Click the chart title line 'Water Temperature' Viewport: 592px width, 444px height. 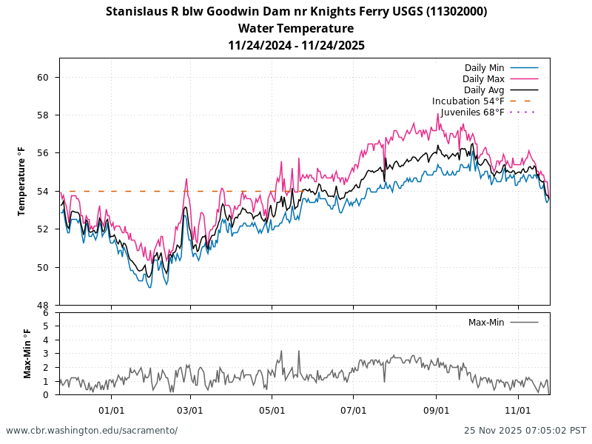click(x=296, y=29)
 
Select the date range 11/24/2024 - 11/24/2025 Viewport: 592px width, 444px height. click(x=296, y=46)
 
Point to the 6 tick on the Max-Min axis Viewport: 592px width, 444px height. click(x=46, y=313)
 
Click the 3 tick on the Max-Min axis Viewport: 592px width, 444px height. click(x=46, y=354)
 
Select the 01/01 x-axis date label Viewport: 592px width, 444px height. click(x=111, y=409)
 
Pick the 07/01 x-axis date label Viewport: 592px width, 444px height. click(x=354, y=409)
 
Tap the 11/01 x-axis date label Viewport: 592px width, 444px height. click(x=518, y=409)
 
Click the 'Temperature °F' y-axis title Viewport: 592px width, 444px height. click(x=23, y=181)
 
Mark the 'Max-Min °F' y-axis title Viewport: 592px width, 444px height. click(x=27, y=354)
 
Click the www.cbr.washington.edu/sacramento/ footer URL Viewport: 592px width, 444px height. click(x=92, y=431)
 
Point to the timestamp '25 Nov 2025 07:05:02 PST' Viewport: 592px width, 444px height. click(x=525, y=431)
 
